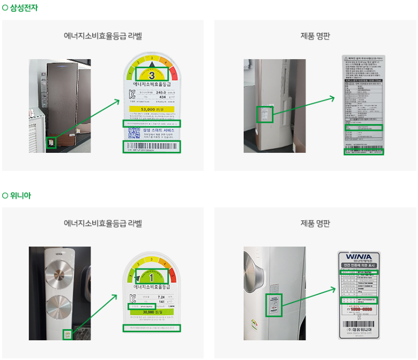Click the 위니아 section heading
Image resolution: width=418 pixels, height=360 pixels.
[x=20, y=195]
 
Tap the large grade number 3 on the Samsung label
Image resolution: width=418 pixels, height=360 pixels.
[x=152, y=75]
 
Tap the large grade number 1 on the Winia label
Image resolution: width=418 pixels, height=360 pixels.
[x=151, y=277]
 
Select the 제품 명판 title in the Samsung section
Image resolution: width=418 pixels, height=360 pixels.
[x=315, y=36]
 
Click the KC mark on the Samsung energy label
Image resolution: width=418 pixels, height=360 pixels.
[x=133, y=94]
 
